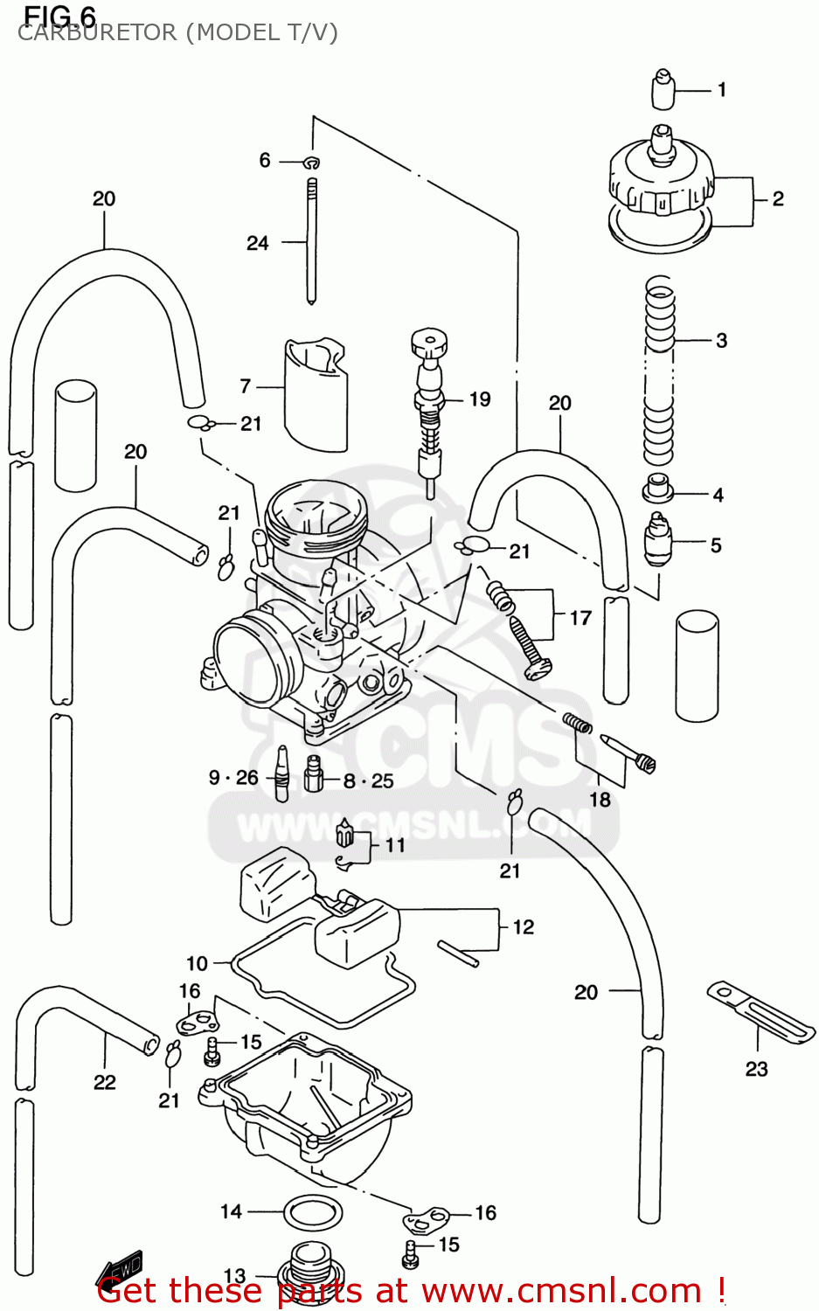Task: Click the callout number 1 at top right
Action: (x=721, y=89)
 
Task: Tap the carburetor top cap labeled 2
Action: (x=661, y=188)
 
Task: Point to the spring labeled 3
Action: (x=659, y=371)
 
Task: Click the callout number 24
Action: (x=257, y=243)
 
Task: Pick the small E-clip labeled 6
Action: (x=312, y=162)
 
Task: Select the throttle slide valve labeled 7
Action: (x=316, y=393)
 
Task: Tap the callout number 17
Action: (x=580, y=618)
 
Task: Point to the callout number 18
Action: (x=600, y=799)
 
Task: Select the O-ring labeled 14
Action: (x=313, y=1213)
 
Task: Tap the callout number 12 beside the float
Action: (x=523, y=926)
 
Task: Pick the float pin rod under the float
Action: (x=459, y=953)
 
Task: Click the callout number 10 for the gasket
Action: (x=197, y=963)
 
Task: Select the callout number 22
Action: (x=105, y=1082)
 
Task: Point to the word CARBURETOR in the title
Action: (x=96, y=33)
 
